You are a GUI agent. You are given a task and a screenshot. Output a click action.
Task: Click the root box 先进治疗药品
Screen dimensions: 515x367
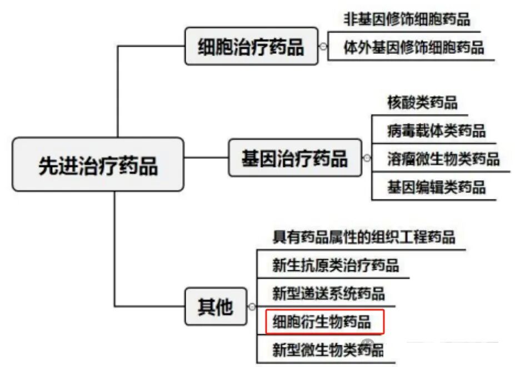click(x=98, y=164)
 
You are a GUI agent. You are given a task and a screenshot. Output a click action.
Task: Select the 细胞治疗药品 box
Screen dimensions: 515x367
click(x=251, y=46)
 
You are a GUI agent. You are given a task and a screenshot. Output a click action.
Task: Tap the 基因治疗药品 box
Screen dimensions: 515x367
click(x=295, y=158)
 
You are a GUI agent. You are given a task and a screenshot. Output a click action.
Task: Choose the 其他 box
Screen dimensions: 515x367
click(x=216, y=306)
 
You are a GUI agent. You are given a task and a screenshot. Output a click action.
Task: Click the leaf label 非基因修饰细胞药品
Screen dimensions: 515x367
click(x=407, y=19)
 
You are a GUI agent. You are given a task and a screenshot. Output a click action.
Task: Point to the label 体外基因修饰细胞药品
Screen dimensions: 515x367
click(x=414, y=47)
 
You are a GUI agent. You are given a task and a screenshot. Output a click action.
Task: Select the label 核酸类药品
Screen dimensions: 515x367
click(x=422, y=102)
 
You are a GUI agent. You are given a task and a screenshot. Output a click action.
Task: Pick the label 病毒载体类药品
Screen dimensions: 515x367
click(x=436, y=131)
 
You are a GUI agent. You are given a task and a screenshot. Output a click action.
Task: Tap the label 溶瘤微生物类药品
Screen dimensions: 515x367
click(x=443, y=159)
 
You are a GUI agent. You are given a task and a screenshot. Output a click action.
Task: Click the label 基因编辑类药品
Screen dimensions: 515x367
click(x=436, y=187)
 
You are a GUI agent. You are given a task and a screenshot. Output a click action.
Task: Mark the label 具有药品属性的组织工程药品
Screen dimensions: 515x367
click(x=364, y=237)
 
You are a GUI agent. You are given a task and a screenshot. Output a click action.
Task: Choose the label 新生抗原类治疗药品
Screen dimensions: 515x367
click(x=336, y=265)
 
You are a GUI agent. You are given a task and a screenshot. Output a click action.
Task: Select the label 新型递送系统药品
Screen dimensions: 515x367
click(x=328, y=294)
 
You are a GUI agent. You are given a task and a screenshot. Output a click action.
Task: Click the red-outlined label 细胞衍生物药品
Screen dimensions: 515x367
click(x=324, y=321)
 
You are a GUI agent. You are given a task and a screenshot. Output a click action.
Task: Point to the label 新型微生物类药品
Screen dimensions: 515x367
click(x=328, y=350)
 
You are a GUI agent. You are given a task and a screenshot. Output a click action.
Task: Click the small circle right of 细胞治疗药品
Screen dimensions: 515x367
click(x=323, y=46)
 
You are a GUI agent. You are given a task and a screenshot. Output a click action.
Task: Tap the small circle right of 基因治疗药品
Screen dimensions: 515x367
click(x=367, y=158)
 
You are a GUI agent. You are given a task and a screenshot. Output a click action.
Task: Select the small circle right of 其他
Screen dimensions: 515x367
click(x=252, y=307)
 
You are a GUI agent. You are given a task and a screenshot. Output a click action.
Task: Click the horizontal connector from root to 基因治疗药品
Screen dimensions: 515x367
click(x=206, y=157)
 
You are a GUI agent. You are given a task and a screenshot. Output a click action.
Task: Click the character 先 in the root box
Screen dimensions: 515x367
click(x=48, y=165)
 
